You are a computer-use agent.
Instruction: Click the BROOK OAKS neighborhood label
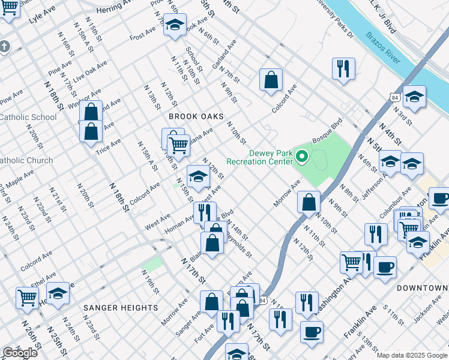196,116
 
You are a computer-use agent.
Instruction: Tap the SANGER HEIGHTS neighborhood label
121,308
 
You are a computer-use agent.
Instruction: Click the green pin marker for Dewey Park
303,157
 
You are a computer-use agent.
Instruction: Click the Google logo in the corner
20,353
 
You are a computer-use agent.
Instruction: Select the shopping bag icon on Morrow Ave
309,202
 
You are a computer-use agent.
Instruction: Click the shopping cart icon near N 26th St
28,297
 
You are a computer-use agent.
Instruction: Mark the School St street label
190,59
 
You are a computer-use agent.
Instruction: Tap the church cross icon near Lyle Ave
4,46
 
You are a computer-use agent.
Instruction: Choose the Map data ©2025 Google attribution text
412,355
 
